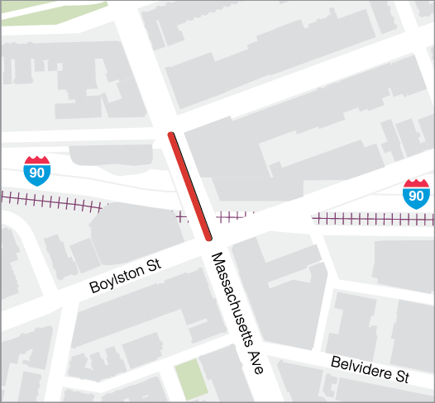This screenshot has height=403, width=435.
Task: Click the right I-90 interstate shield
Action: click(416, 192)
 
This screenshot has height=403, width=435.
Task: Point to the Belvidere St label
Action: click(370, 369)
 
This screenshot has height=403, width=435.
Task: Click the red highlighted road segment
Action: click(189, 186)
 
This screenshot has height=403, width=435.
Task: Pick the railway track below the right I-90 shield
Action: click(372, 218)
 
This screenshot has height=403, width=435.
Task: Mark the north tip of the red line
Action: click(171, 134)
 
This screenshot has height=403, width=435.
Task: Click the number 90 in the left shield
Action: click(37, 173)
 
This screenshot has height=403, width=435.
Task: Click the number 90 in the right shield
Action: click(416, 196)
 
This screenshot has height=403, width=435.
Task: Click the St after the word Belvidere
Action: click(402, 377)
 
